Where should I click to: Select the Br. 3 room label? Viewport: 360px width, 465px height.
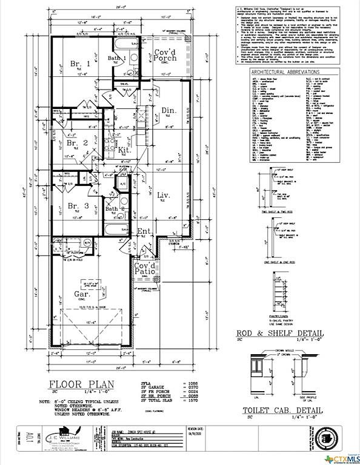[78, 205]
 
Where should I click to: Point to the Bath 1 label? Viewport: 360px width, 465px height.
[116, 58]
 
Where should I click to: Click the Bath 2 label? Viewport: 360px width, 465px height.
[115, 209]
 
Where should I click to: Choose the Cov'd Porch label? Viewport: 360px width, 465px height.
[164, 56]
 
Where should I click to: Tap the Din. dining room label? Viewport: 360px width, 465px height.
[169, 110]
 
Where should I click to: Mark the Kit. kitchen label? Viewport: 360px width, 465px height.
[125, 149]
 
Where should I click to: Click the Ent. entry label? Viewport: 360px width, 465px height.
[144, 231]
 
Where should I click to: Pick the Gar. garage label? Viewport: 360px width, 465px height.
[83, 294]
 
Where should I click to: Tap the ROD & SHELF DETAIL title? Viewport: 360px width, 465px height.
[279, 334]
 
